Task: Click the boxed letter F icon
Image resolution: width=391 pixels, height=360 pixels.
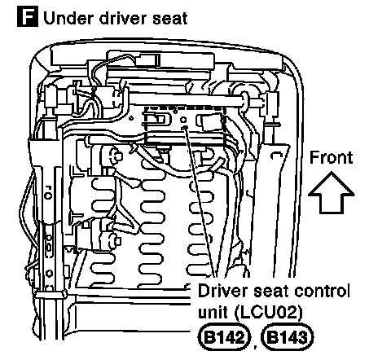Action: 28,17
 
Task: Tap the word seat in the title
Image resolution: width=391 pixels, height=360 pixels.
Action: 170,19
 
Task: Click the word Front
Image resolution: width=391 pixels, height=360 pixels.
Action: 332,157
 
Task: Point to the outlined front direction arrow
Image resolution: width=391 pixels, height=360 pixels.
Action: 332,192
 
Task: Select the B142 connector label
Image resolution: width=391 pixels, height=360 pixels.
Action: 224,337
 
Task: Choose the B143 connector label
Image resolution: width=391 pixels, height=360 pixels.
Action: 288,337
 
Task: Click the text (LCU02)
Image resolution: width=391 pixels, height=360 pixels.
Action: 268,313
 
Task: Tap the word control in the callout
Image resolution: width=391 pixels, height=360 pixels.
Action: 322,291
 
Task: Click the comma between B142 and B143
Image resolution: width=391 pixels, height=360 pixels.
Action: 255,346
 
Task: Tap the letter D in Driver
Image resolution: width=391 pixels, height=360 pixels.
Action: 204,291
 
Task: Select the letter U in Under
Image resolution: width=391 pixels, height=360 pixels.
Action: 50,19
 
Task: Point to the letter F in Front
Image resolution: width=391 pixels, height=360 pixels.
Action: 314,157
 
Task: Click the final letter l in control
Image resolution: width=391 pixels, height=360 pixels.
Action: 348,291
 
